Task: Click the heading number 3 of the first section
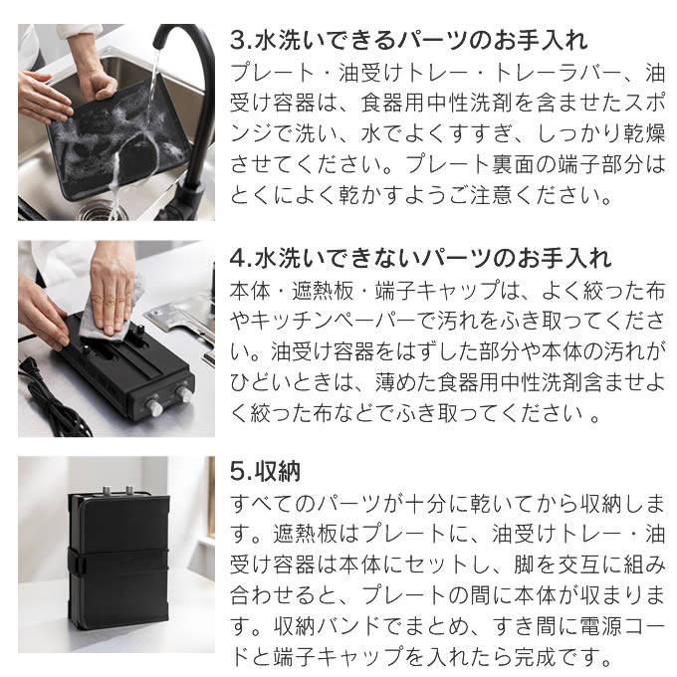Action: point(238,41)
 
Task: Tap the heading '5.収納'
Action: point(265,471)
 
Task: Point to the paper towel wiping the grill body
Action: point(112,312)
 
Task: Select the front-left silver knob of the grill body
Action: point(153,407)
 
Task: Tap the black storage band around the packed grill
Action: point(117,565)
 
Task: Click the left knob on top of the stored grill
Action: point(107,491)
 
